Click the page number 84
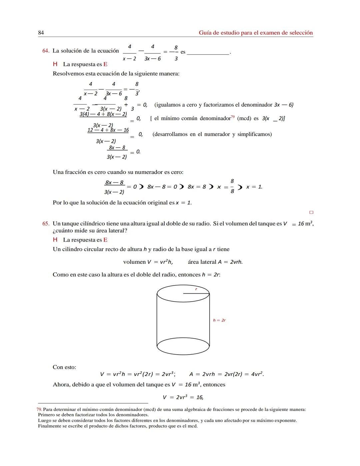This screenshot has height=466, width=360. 41,33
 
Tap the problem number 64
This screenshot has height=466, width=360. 46,51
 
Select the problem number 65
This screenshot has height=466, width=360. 46,223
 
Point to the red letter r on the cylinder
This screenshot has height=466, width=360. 196,289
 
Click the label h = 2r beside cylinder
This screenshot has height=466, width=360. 219,320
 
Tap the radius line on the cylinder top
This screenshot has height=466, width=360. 196,294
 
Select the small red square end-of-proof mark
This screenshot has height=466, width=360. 311,212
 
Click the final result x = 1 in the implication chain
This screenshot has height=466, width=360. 254,187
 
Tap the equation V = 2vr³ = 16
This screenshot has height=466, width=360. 183,397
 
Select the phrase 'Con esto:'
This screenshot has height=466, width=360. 64,367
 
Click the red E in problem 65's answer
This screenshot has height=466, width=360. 105,240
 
